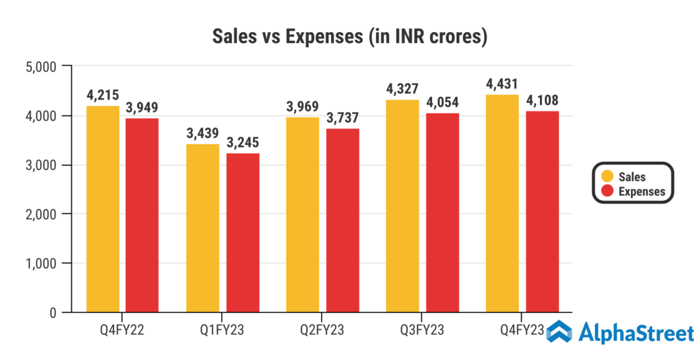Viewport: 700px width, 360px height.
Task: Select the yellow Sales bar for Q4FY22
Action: click(x=103, y=208)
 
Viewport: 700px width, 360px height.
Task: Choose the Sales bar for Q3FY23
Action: click(x=402, y=206)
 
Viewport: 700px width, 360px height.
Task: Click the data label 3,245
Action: click(x=243, y=143)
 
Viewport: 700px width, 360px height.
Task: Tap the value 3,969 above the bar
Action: click(x=302, y=107)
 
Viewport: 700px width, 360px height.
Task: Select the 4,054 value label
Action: click(x=442, y=103)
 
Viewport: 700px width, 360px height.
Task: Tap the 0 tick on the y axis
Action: click(x=51, y=313)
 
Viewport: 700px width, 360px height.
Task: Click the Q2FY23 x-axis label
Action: click(x=322, y=331)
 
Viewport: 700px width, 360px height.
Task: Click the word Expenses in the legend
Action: click(x=641, y=191)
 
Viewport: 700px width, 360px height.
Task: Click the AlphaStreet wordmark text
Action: click(x=636, y=333)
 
